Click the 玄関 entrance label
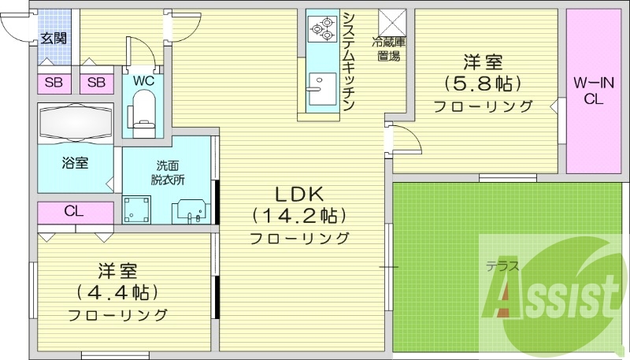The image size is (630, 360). point(54,38)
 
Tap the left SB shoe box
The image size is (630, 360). point(54,83)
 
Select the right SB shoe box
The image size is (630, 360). point(96,83)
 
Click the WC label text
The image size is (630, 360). point(143,80)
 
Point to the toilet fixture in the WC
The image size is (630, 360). point(143,109)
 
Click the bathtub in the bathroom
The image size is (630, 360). point(77,124)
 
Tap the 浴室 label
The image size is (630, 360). point(76,163)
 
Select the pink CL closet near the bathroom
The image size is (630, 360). point(76,211)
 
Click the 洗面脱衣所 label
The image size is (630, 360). point(167,172)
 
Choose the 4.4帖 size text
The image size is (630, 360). point(118,292)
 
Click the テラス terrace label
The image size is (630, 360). point(502,266)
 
